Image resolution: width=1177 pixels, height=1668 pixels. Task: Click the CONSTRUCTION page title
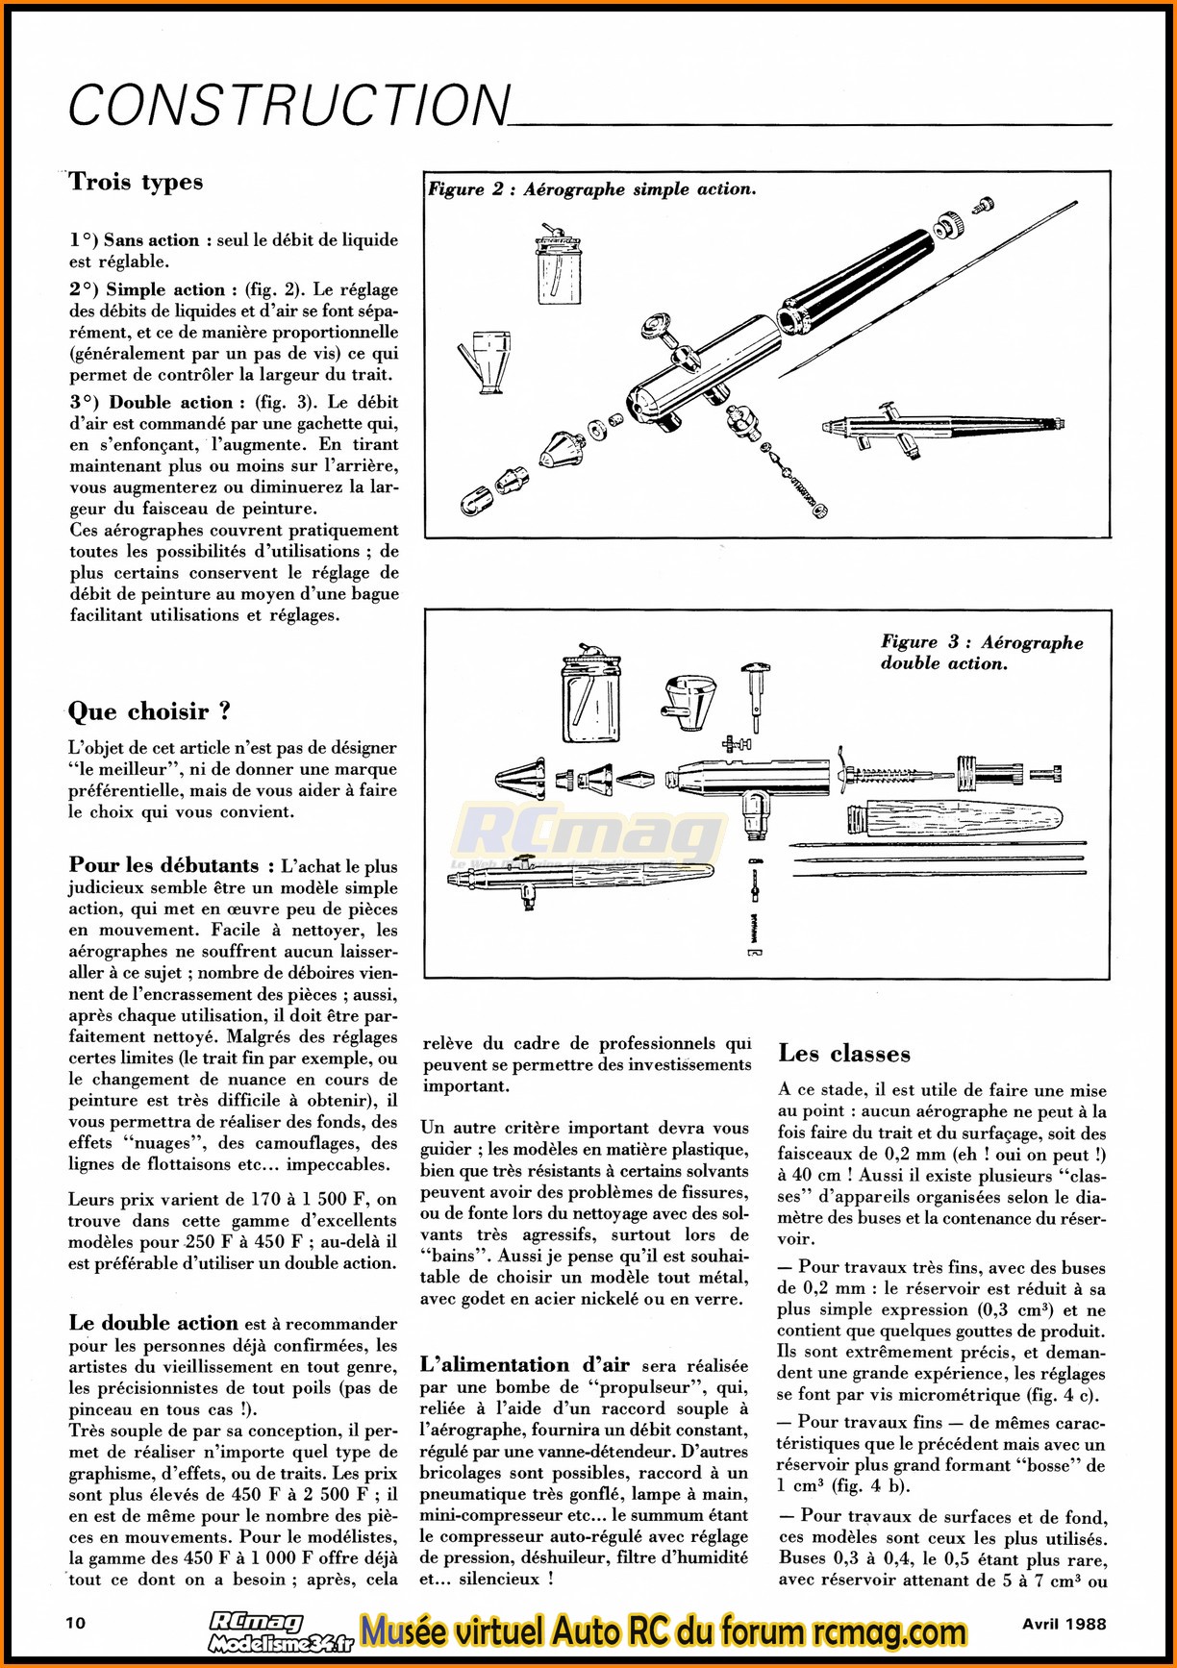click(288, 105)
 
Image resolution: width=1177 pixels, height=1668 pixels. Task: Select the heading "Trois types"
click(136, 183)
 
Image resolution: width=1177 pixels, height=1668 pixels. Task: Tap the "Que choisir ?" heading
click(149, 712)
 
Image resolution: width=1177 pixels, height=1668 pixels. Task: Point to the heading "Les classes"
click(843, 1054)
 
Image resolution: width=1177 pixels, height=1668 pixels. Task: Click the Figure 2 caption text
click(591, 189)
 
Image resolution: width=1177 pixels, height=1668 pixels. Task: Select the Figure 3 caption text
click(981, 652)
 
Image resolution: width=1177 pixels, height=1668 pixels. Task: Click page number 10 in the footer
click(76, 1623)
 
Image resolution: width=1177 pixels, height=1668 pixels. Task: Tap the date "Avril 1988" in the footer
click(1063, 1623)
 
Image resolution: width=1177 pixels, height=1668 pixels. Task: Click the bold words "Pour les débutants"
click(164, 865)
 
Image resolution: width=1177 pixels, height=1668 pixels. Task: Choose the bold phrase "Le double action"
click(154, 1323)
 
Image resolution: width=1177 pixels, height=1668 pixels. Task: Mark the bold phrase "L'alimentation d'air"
click(524, 1365)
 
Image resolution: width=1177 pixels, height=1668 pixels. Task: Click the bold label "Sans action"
click(151, 240)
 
